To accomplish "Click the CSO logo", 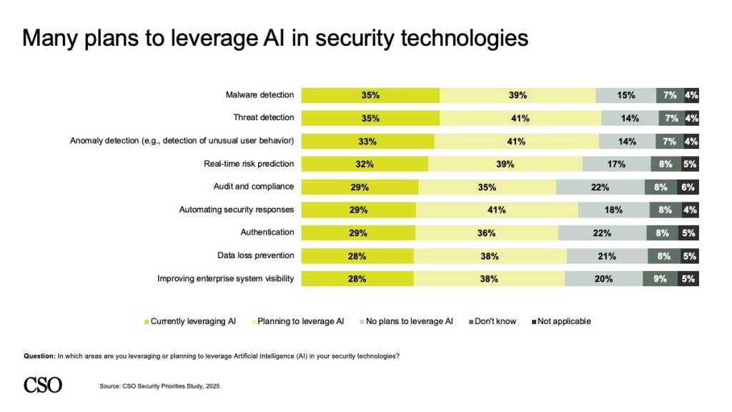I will click(43, 385).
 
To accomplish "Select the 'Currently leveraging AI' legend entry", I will click(190, 321).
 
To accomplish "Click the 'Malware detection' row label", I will click(259, 95).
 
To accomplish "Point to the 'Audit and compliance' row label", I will click(254, 187).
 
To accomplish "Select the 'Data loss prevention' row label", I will click(255, 255).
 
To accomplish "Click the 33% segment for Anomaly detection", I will click(367, 142).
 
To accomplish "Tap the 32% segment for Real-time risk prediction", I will click(364, 165).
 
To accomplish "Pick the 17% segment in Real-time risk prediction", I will click(615, 165).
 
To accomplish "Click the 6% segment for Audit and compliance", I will click(688, 187).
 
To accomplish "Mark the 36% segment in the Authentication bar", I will click(486, 233).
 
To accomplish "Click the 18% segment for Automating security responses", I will click(613, 210).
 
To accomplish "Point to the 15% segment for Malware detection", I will click(625, 95).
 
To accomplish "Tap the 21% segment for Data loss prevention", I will click(607, 256).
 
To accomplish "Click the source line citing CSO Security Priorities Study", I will click(159, 386).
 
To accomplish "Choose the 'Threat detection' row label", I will click(263, 118).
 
